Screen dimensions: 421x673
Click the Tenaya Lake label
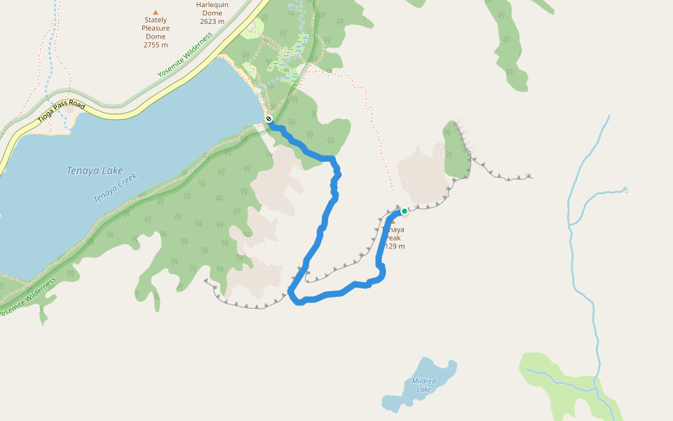coord(95,171)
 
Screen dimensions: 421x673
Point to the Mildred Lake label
coord(423,385)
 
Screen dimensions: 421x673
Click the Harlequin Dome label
coord(212,13)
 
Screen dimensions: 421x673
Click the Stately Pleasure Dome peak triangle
coord(156,12)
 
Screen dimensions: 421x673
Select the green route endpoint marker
coord(405,210)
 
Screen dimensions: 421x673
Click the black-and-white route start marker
coord(268,118)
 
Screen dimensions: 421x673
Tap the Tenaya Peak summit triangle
coord(393,222)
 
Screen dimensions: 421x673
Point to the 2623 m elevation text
coord(212,21)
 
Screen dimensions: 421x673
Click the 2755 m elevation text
coord(156,45)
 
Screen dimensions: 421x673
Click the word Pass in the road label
coord(63,114)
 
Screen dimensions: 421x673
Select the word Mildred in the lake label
coord(423,381)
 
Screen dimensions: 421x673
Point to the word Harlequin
coord(212,4)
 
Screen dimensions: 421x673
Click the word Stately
coord(156,20)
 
